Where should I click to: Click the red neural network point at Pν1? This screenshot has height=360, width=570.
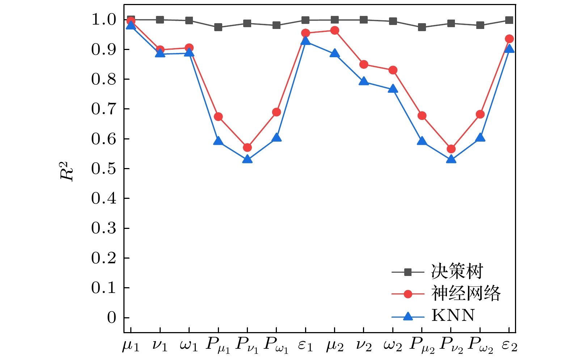coord(247,147)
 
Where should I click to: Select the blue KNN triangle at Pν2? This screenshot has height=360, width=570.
coord(451,159)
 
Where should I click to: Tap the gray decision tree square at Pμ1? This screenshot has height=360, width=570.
coord(218,27)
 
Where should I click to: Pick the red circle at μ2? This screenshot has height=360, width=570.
coord(335,30)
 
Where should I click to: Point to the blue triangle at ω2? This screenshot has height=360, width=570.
coord(393,89)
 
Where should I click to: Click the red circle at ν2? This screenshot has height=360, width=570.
coord(364,64)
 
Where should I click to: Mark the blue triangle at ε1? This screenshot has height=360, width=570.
coord(305,41)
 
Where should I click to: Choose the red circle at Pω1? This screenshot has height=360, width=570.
coord(276,112)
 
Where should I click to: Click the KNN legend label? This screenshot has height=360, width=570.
coord(453,315)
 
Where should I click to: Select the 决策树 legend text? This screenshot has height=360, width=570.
coord(457,271)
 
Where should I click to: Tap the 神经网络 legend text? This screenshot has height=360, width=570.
coord(466,293)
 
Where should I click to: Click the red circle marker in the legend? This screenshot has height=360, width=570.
coord(408,294)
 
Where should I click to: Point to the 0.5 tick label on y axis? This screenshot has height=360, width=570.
coord(104,169)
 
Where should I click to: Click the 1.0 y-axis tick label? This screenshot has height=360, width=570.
coord(104,20)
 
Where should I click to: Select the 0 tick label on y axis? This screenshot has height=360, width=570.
coord(111,318)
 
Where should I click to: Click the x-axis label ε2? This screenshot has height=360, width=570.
coord(509,346)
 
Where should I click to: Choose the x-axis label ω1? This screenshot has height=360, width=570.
coord(189,346)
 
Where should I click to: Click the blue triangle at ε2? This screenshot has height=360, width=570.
coord(509,49)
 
